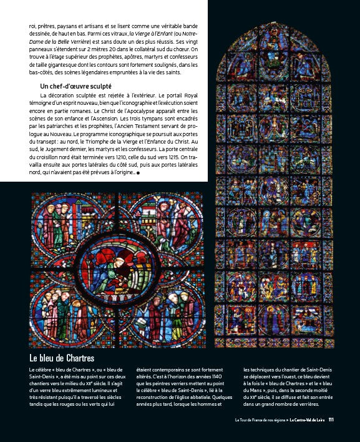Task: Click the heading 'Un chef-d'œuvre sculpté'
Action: click(x=76, y=86)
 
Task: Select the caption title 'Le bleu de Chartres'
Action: click(x=61, y=358)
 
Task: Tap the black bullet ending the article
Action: click(x=138, y=174)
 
